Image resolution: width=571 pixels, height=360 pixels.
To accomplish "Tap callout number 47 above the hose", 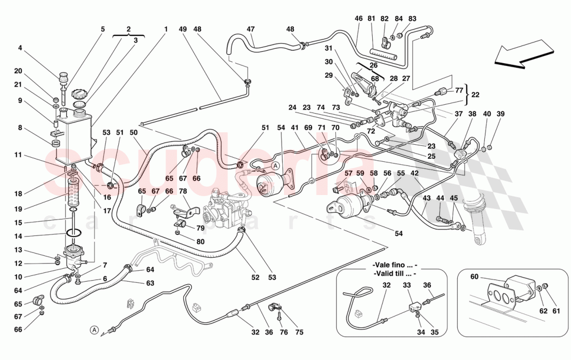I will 251,30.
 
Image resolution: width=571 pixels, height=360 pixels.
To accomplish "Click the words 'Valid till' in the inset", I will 390,273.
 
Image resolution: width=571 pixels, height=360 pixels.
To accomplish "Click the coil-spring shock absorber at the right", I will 476,216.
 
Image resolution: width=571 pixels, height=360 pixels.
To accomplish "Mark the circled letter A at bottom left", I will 93,329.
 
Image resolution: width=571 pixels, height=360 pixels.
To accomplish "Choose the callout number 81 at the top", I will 371,19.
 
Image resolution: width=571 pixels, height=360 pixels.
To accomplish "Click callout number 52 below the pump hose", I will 255,278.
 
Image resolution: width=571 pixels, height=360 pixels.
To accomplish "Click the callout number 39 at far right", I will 500,114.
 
